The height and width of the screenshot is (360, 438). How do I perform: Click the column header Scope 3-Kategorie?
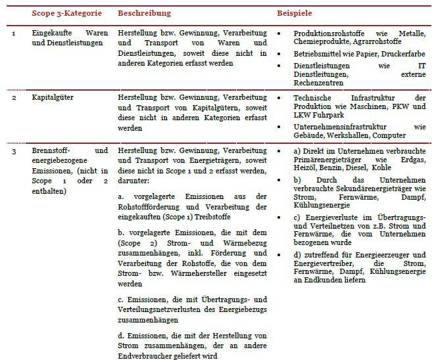(68, 13)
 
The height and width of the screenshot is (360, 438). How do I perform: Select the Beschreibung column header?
(144, 13)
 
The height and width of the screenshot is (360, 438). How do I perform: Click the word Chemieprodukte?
(321, 43)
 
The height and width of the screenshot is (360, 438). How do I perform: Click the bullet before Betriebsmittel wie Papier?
(281, 54)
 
